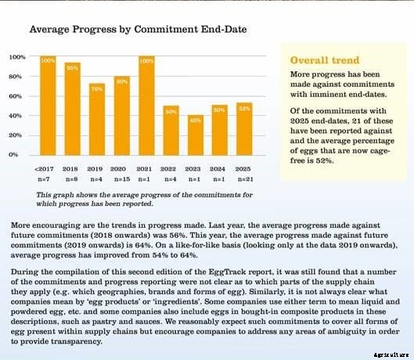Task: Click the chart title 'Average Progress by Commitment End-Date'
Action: coord(138,29)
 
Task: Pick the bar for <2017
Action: coord(47,105)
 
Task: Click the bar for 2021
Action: coord(146,105)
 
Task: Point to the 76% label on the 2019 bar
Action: coord(96,88)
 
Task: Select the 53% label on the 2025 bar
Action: coord(244,108)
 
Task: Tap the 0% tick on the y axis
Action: coord(16,154)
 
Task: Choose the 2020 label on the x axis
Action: coord(121,167)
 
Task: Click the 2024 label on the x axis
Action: coord(219,167)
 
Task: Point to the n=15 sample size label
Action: coord(121,179)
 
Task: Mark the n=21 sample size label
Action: coord(244,179)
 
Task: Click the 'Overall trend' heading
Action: coord(325,60)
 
